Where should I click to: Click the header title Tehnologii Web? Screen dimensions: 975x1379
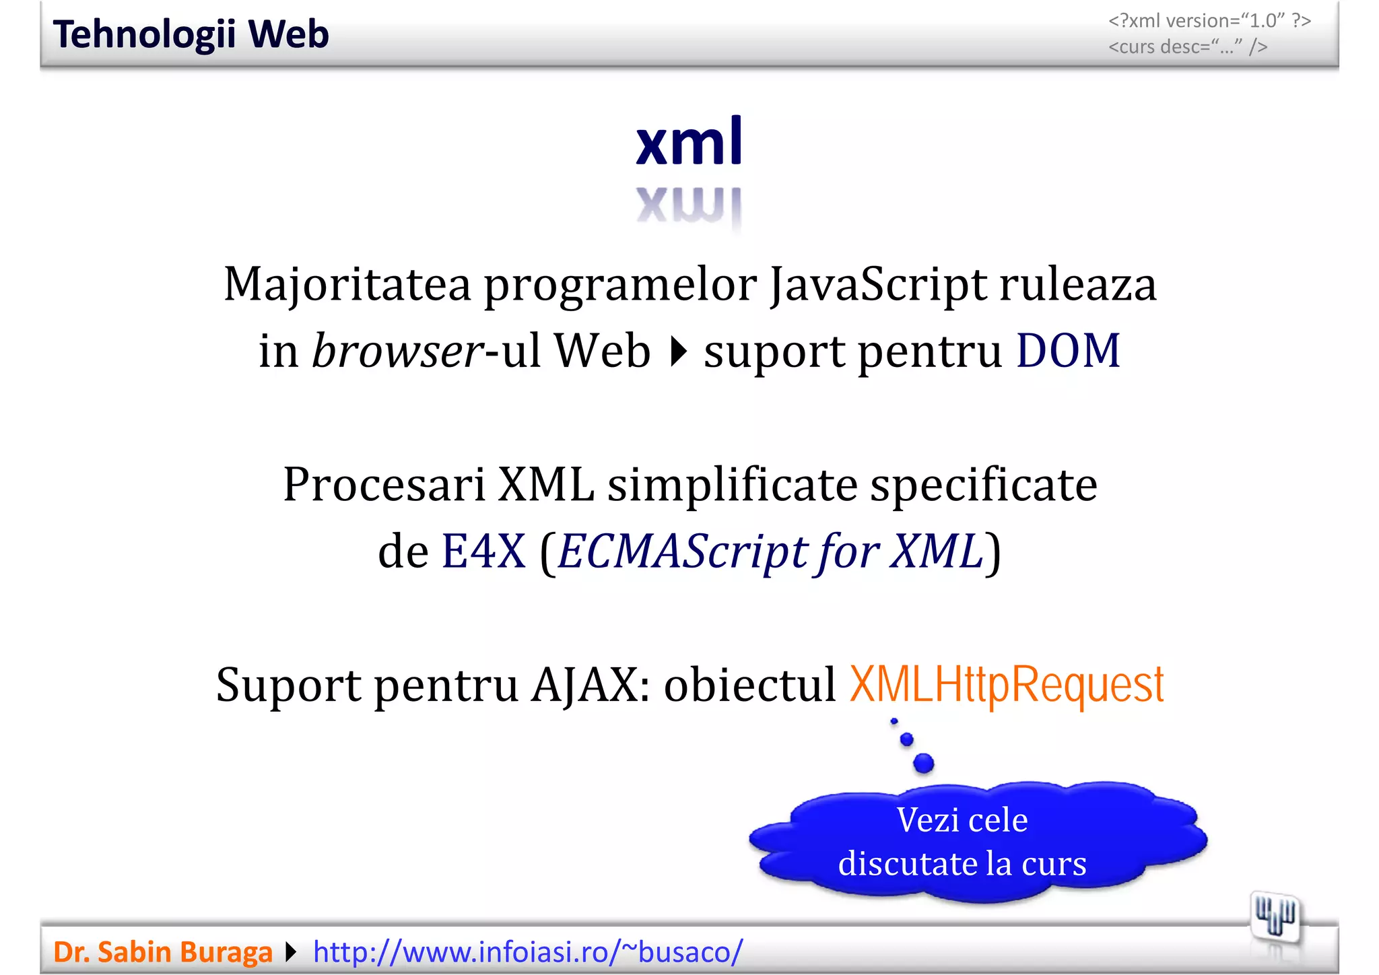(x=191, y=34)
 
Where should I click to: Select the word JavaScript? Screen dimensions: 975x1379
(x=879, y=285)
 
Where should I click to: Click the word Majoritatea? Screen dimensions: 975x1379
(x=347, y=283)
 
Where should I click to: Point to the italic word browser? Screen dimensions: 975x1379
(x=397, y=351)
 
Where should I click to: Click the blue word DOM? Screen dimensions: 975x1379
(x=1068, y=351)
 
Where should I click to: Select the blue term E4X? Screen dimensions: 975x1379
(x=483, y=551)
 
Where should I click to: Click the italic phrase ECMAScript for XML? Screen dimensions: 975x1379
(x=770, y=551)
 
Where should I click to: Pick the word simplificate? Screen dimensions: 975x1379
(x=732, y=485)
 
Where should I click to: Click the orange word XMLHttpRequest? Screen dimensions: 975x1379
(x=1007, y=684)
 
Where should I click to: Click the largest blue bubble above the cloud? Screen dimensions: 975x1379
(x=924, y=763)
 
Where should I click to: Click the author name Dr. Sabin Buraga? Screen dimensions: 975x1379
(x=162, y=952)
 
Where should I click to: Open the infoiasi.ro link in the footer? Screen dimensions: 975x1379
(x=528, y=952)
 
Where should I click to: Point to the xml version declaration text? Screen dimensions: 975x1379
(x=1209, y=21)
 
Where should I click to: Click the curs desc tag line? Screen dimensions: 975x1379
(x=1188, y=47)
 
